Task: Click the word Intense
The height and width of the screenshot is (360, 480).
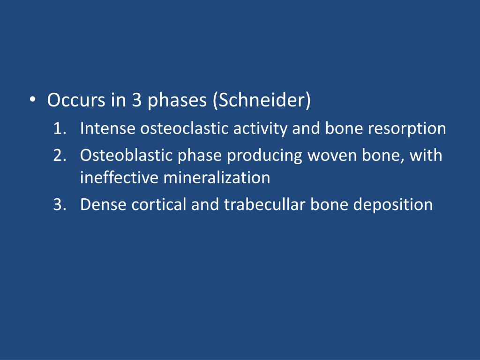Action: click(108, 128)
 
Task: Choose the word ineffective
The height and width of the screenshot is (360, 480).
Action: click(120, 178)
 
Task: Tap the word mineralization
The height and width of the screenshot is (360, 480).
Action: click(217, 178)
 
